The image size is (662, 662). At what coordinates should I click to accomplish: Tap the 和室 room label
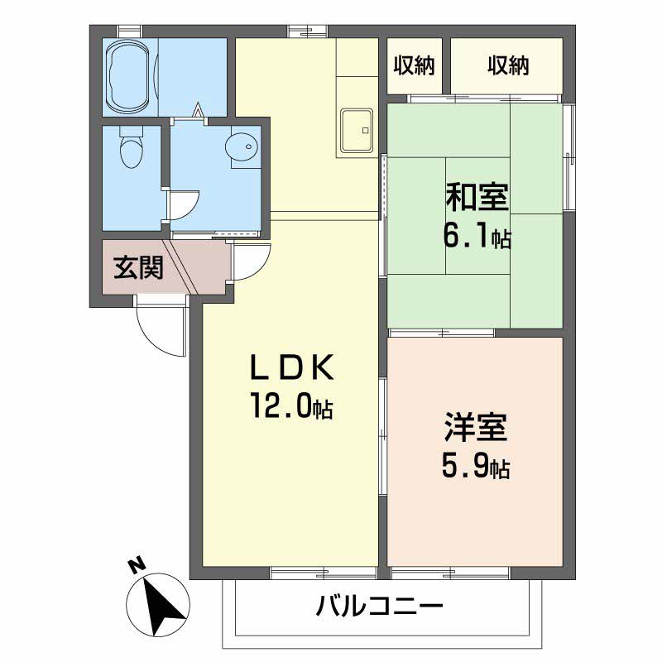(x=477, y=199)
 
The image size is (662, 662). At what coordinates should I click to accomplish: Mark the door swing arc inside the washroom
(x=186, y=204)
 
